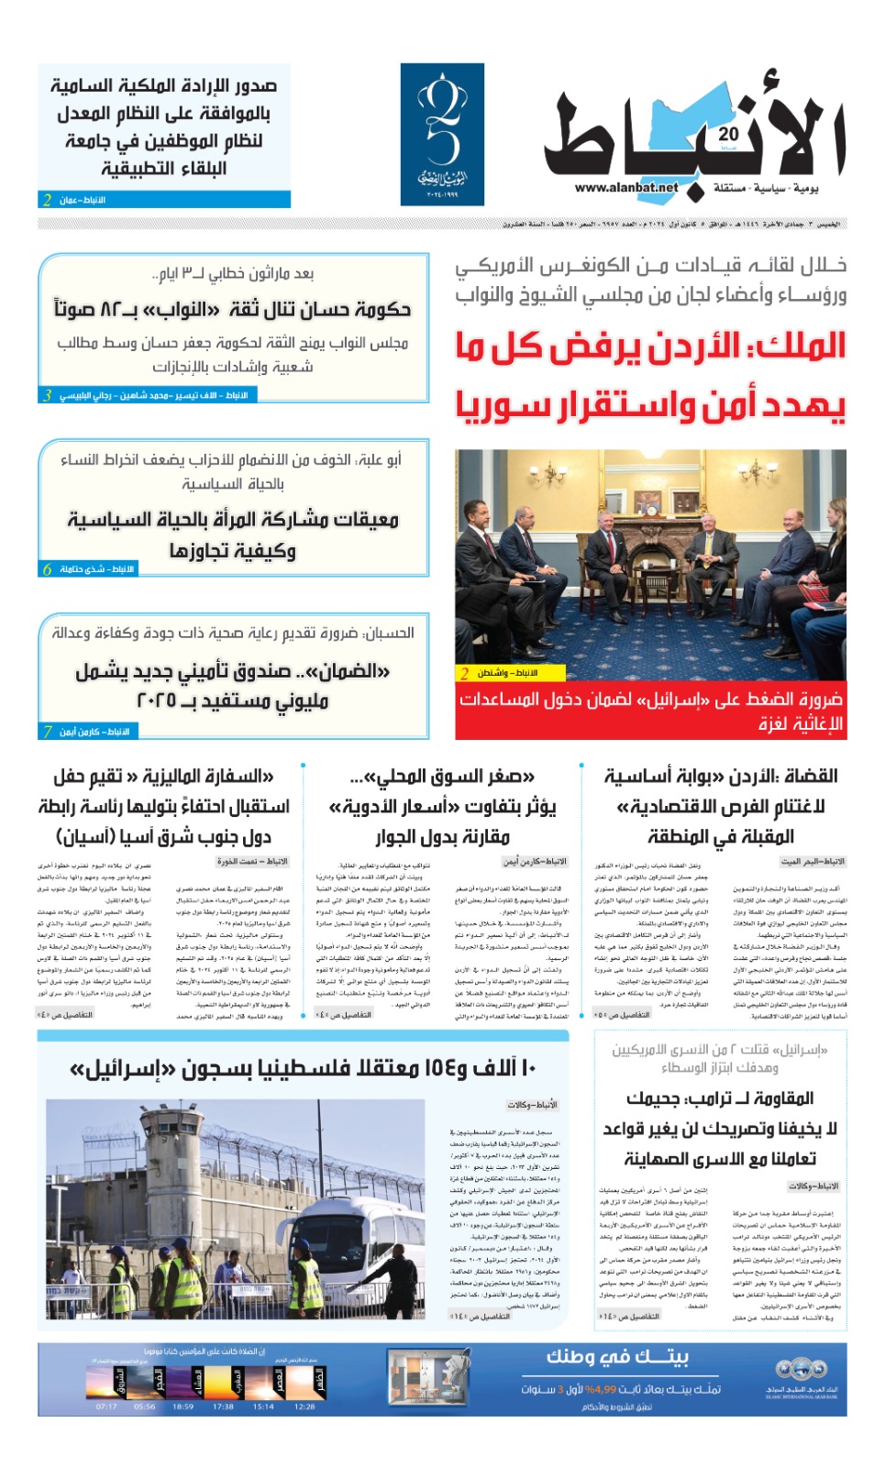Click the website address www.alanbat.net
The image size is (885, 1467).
626,188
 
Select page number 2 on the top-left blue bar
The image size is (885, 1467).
47,200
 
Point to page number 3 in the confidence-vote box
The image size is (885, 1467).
47,395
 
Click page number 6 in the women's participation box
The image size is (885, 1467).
47,569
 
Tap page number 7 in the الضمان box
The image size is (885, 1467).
47,732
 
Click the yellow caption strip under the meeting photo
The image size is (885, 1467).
500,673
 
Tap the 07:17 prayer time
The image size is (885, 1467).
106,1406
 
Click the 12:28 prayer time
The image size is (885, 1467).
304,1406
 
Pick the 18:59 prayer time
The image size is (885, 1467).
183,1406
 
